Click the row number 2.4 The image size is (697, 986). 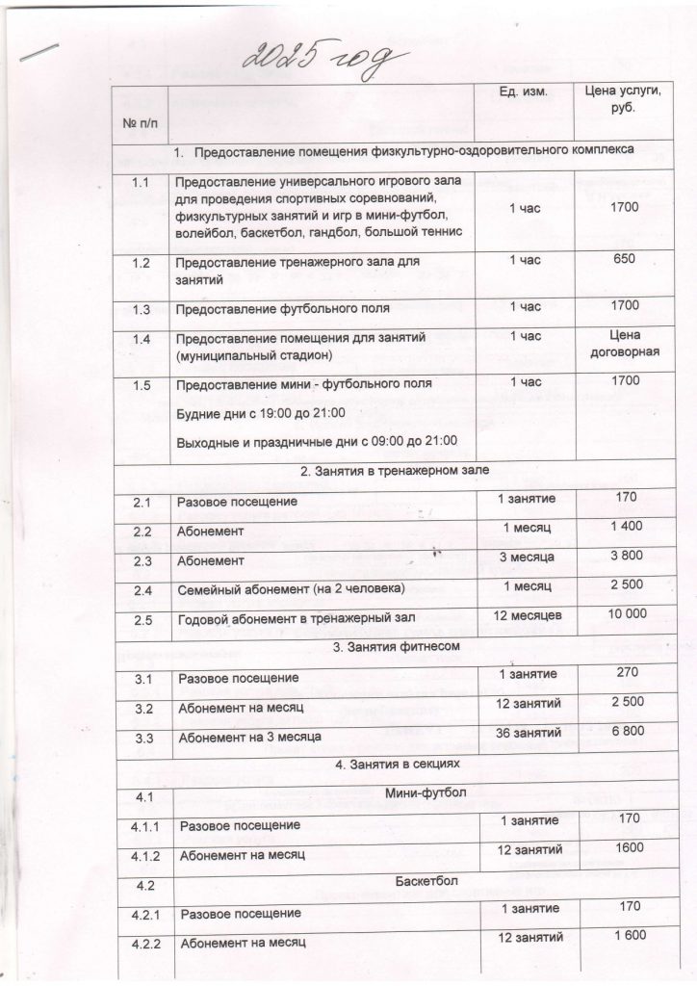(x=144, y=587)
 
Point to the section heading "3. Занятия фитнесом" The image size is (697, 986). (x=395, y=647)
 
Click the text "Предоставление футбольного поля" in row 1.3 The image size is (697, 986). (x=282, y=309)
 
